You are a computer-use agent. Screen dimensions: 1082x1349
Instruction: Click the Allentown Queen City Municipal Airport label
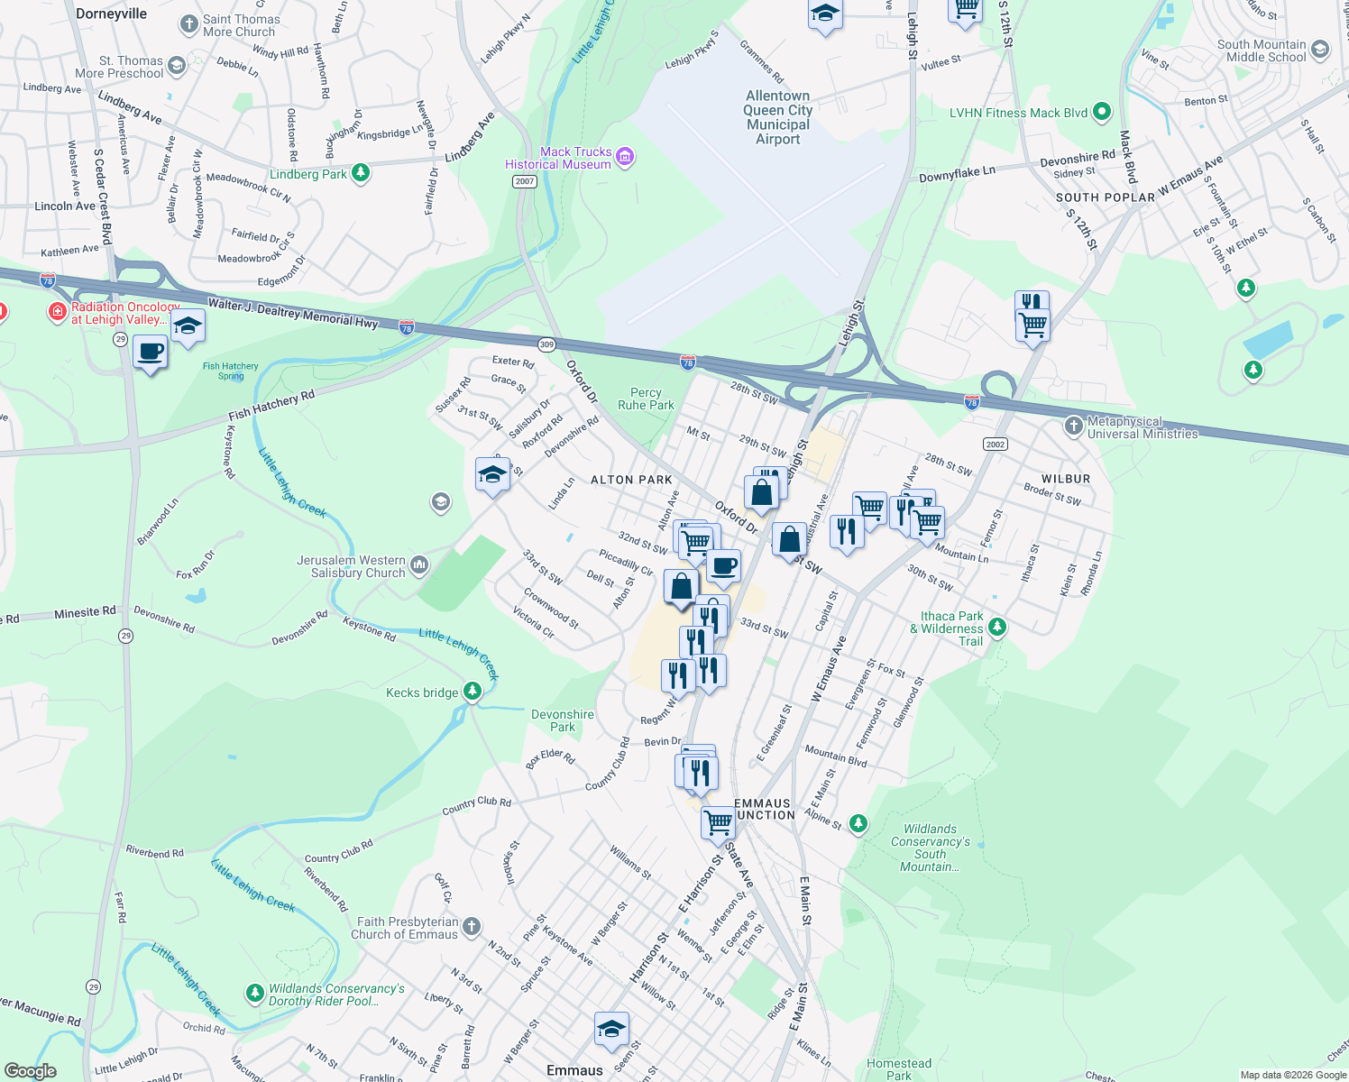[x=778, y=117]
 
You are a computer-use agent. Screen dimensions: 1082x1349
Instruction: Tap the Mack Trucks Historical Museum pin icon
[x=625, y=158]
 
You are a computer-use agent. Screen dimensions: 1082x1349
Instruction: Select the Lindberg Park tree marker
[x=361, y=172]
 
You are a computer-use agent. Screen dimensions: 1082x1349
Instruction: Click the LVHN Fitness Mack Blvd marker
[x=1101, y=113]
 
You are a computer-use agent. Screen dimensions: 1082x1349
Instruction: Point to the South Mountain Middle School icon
[x=1320, y=50]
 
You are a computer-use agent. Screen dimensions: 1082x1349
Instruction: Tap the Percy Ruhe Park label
[x=646, y=399]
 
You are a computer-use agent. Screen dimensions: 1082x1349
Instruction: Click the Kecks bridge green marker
[x=472, y=692]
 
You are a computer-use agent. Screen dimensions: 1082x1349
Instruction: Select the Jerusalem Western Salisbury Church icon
[x=419, y=565]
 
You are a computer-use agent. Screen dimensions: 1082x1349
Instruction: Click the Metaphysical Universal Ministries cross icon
[x=1073, y=426]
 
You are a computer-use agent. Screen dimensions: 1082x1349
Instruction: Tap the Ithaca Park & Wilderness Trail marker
[x=996, y=627]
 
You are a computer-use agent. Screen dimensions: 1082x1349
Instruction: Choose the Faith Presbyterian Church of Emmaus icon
[x=471, y=927]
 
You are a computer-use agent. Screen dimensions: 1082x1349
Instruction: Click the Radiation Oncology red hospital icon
[x=57, y=312]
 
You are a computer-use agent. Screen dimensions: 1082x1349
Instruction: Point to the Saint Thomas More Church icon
[x=188, y=24]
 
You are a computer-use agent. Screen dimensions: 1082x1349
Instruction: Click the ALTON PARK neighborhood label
[x=631, y=480]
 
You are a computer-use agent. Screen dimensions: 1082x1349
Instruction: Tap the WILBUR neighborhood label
[x=1066, y=479]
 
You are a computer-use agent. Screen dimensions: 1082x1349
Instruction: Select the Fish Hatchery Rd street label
[x=271, y=405]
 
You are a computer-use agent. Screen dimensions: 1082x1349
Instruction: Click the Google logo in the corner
[x=30, y=1070]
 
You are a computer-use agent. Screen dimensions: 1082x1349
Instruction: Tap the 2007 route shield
[x=525, y=181]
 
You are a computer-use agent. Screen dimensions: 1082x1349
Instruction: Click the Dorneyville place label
[x=112, y=14]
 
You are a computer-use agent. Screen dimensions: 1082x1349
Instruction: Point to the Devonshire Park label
[x=563, y=720]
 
